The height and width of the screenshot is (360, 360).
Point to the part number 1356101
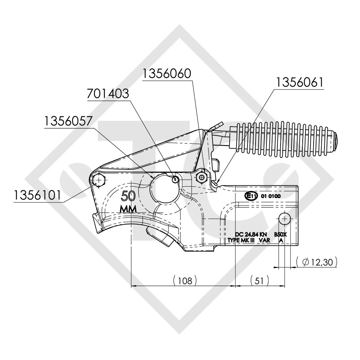tap(38, 195)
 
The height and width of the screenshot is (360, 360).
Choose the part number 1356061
tap(300, 82)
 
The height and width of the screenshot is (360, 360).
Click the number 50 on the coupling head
tap(129, 196)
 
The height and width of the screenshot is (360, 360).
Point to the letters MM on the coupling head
tap(129, 208)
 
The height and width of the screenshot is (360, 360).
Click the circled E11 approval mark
tap(251, 196)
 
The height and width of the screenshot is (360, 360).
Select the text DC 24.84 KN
tap(251, 234)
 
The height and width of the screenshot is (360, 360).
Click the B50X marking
tap(280, 234)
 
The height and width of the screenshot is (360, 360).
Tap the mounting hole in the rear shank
tap(284, 218)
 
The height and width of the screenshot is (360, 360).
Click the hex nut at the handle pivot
tap(201, 178)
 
